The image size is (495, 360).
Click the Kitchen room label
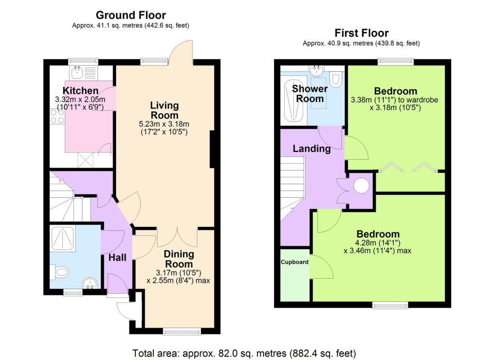pyautogui.click(x=81, y=90)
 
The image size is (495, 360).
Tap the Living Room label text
pyautogui.click(x=164, y=110)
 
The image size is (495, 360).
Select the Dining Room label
pyautogui.click(x=178, y=259)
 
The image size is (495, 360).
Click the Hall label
pyautogui.click(x=117, y=258)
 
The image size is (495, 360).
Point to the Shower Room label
pyautogui.click(x=310, y=94)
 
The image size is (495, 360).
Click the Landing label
pyautogui.click(x=312, y=149)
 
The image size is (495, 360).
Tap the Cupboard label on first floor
pyautogui.click(x=294, y=262)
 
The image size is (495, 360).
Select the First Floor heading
pyautogui.click(x=361, y=33)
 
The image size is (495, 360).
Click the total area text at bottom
pyautogui.click(x=244, y=353)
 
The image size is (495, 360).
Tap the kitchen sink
pyautogui.click(x=77, y=73)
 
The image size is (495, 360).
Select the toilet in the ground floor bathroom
pyautogui.click(x=60, y=272)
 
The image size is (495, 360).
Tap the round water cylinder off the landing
pyautogui.click(x=361, y=185)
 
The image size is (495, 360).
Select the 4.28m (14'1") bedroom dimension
pyautogui.click(x=372, y=242)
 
